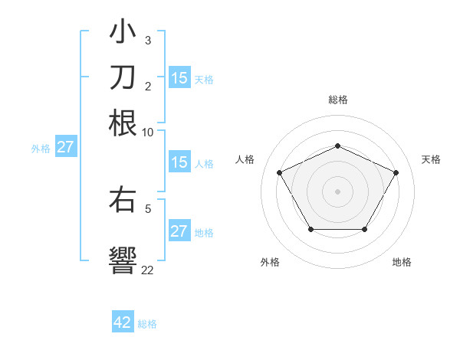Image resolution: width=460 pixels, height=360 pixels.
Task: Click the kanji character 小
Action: [x=123, y=33]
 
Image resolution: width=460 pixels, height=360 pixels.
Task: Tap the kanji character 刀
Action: [x=123, y=77]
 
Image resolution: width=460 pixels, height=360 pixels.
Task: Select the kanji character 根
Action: [x=123, y=123]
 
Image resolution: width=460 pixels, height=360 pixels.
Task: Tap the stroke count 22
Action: [x=148, y=270]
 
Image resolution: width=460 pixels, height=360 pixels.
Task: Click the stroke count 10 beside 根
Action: [x=148, y=133]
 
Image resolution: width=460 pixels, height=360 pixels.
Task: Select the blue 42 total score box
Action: [x=123, y=322]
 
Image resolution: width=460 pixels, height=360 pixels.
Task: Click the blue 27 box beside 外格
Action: [x=65, y=147]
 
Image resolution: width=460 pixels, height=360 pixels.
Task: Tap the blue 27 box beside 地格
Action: [x=179, y=231]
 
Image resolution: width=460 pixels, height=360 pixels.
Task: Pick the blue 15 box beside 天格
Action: [x=179, y=78]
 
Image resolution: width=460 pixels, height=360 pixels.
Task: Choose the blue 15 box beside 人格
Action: [x=179, y=162]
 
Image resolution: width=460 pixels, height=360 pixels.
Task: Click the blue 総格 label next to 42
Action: [x=147, y=324]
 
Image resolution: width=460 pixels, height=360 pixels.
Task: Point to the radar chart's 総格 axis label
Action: [x=337, y=100]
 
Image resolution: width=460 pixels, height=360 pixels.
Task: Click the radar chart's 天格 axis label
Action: [x=431, y=159]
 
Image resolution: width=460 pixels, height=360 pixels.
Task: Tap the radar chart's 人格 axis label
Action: [x=245, y=159]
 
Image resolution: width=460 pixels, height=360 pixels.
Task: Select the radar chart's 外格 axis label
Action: [x=270, y=262]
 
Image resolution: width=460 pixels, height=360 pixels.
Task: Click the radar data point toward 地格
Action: [x=364, y=229]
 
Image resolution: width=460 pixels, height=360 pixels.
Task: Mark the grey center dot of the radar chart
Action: [x=337, y=191]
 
